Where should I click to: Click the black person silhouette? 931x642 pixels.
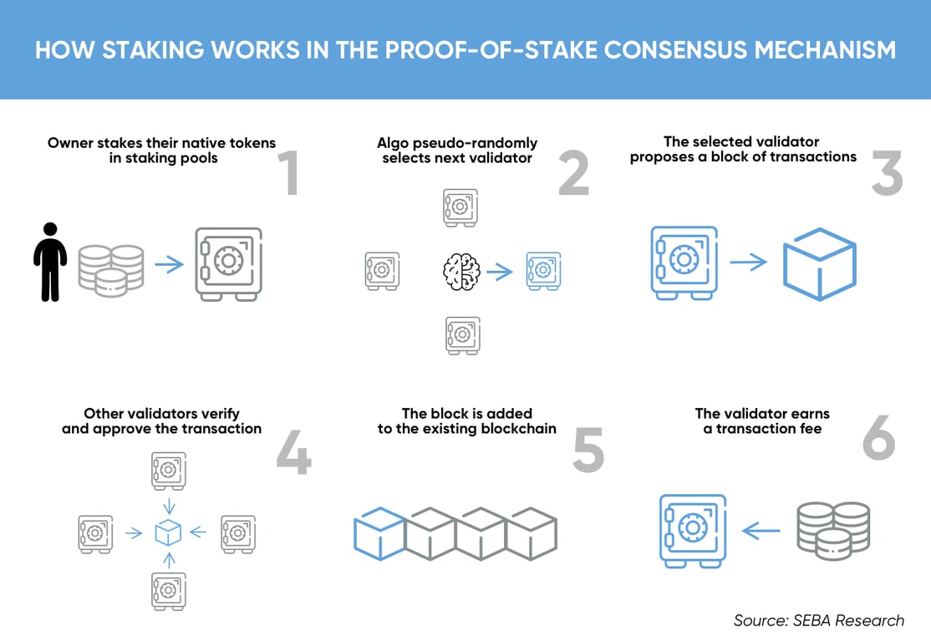click(50, 262)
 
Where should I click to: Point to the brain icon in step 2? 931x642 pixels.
click(460, 272)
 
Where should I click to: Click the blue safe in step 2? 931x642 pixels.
click(543, 272)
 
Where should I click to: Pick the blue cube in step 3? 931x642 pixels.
click(820, 264)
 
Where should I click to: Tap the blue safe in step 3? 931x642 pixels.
click(684, 262)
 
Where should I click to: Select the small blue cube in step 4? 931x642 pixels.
click(168, 532)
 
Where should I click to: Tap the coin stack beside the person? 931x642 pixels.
click(110, 270)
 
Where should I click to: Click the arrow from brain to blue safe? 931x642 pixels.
click(500, 272)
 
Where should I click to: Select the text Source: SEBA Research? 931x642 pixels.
click(818, 620)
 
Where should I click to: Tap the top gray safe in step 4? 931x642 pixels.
click(168, 471)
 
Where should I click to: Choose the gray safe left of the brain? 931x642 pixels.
click(382, 272)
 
